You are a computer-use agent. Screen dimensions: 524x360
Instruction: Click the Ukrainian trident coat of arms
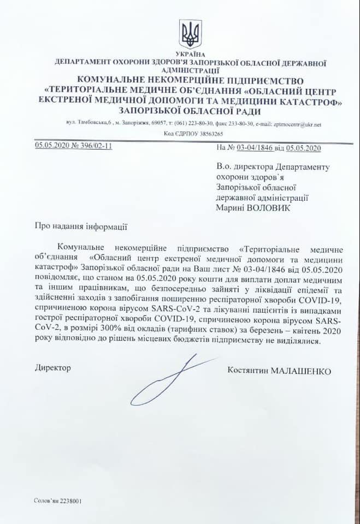pos(190,34)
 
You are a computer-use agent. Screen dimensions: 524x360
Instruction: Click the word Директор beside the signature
pos(52,368)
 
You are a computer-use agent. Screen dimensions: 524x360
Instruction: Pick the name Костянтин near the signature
pos(247,371)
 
